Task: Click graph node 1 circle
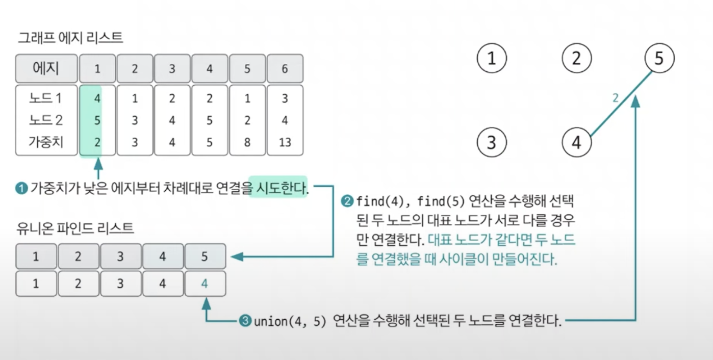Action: tap(492, 59)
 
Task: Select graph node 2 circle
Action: tap(576, 59)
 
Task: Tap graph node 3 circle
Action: tap(492, 142)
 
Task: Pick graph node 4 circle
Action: tap(576, 142)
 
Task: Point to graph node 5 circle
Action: tap(659, 59)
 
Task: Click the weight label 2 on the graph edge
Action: tap(616, 98)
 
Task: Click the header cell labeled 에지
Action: tap(46, 69)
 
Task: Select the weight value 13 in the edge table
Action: tap(285, 142)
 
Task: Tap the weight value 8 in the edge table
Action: tap(247, 142)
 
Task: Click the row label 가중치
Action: tap(46, 142)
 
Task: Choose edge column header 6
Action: tap(285, 69)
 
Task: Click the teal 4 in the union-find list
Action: tap(205, 284)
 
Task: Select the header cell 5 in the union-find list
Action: tap(205, 256)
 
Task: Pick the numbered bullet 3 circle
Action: tap(245, 322)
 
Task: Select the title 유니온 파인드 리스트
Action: tap(75, 228)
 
